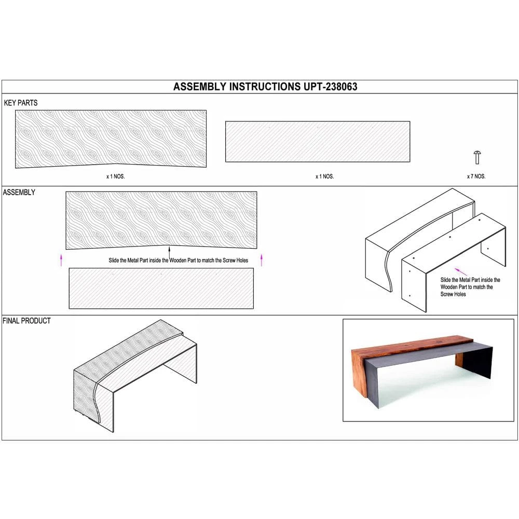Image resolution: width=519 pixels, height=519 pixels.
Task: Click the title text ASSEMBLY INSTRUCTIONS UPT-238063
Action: pyautogui.click(x=265, y=87)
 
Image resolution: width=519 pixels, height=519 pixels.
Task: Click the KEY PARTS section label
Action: pyautogui.click(x=21, y=103)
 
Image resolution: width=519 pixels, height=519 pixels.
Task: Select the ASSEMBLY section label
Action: pyautogui.click(x=19, y=192)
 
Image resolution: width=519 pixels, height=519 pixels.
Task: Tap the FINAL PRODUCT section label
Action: pyautogui.click(x=27, y=321)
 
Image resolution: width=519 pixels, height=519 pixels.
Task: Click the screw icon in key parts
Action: pyautogui.click(x=477, y=156)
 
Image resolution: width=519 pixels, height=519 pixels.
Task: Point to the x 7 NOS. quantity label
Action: pyautogui.click(x=476, y=176)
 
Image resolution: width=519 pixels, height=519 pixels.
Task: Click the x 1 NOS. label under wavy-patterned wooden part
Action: pyautogui.click(x=115, y=176)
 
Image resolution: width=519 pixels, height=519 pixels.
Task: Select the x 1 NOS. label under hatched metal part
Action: pyautogui.click(x=324, y=176)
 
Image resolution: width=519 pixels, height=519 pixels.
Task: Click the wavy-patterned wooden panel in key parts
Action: pyautogui.click(x=111, y=138)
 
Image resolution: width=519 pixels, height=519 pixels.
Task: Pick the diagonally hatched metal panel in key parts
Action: pyautogui.click(x=317, y=141)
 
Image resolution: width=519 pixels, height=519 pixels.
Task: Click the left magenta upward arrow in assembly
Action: pyautogui.click(x=61, y=259)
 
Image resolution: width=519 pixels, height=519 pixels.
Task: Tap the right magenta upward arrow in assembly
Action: pyautogui.click(x=261, y=259)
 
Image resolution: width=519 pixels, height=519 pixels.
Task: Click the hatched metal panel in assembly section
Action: pyautogui.click(x=161, y=288)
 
